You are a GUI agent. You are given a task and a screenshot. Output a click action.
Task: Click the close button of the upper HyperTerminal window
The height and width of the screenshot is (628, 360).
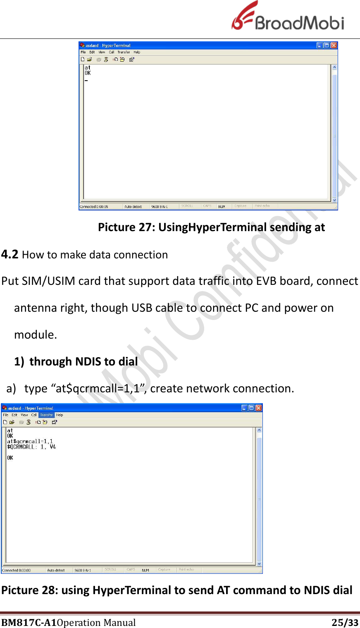point(334,45)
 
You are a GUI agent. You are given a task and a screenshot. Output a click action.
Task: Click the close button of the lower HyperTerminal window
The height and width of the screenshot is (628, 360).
point(258,408)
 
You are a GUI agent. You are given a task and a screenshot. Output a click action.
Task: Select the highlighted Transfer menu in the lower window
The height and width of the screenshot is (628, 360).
point(46,415)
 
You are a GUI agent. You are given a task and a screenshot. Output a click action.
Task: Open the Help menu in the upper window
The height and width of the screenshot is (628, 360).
point(137,52)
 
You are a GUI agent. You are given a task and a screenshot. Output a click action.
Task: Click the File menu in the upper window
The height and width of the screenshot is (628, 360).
point(83,52)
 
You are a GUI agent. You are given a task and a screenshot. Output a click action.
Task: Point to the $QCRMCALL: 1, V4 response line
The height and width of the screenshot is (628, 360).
point(31,447)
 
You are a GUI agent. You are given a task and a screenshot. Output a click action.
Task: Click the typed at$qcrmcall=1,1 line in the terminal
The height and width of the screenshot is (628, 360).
point(30,441)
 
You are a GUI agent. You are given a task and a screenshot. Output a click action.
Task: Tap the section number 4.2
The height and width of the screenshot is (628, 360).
point(10,254)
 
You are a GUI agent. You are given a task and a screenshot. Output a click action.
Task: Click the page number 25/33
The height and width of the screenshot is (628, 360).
point(345,622)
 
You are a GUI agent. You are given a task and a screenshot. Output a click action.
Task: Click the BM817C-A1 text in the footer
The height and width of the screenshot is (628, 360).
point(29,622)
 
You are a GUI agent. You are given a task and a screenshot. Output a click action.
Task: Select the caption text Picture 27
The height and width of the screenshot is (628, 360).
point(126,227)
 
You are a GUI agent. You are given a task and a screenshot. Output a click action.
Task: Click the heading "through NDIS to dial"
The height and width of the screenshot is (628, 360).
point(83,361)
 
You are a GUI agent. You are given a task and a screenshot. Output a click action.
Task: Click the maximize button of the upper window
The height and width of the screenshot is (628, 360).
point(327,45)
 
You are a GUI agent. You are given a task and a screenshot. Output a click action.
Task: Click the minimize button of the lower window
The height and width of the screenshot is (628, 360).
point(244,408)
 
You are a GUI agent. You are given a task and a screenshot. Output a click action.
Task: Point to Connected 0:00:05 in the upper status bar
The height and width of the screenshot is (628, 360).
point(94,206)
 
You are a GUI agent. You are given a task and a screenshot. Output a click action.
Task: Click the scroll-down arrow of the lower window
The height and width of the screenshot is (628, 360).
point(259,564)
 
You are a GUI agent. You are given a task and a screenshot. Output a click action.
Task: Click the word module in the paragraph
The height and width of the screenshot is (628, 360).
point(35,334)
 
